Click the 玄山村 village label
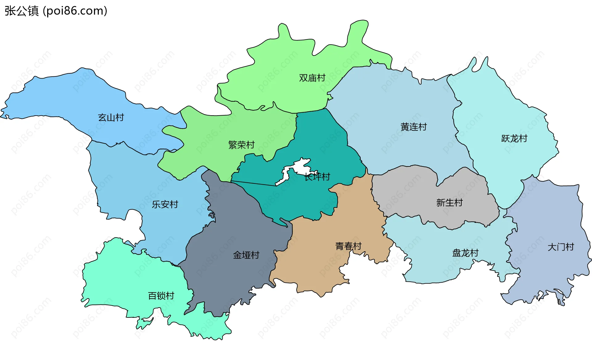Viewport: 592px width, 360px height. click(111, 117)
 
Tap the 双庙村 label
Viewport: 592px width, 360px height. click(312, 78)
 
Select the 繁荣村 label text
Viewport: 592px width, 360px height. click(241, 145)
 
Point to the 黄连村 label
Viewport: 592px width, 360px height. click(413, 127)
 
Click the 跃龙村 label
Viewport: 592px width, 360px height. click(514, 138)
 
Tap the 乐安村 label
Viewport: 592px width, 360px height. click(165, 204)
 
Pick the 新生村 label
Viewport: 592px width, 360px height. click(449, 202)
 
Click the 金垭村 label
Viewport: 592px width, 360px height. click(246, 255)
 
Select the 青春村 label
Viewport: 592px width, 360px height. click(348, 246)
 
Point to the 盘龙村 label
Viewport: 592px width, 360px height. click(465, 253)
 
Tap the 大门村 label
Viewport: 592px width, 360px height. click(561, 247)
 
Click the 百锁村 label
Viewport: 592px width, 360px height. click(161, 296)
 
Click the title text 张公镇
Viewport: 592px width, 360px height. click(22, 11)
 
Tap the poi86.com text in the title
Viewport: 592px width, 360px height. click(75, 11)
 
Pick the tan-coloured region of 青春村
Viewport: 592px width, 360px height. click(314, 265)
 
